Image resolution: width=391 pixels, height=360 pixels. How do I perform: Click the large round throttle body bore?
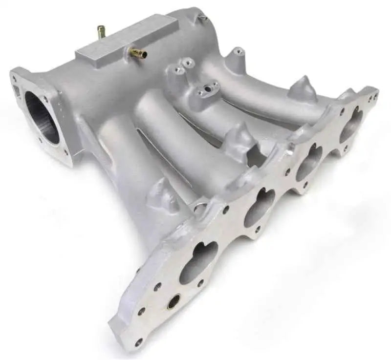point(42,117)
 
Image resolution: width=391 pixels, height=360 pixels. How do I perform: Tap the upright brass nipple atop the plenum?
point(101,32)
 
